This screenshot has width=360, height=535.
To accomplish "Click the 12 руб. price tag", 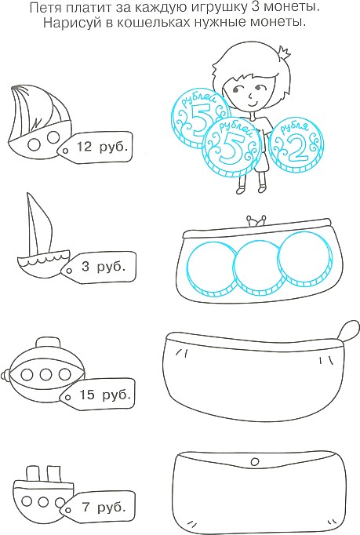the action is (x=95, y=147).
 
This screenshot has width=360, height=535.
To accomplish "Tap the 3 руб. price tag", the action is (x=98, y=267).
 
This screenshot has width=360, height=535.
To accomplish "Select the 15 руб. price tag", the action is (x=97, y=395).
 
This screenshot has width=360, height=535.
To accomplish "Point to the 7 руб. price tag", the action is (x=97, y=508).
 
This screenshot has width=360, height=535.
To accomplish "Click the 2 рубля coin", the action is (x=296, y=146).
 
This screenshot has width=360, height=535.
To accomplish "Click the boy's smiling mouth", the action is (x=252, y=103).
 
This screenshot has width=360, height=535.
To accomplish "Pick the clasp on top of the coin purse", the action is (x=257, y=220).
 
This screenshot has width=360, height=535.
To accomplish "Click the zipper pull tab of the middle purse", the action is (x=349, y=329).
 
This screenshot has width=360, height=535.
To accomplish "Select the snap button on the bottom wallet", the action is (x=254, y=462).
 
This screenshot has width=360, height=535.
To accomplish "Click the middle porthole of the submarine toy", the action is (x=45, y=374).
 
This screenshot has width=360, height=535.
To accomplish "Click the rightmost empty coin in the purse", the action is (x=304, y=258).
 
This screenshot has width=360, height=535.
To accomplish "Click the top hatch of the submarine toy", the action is (x=45, y=343).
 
